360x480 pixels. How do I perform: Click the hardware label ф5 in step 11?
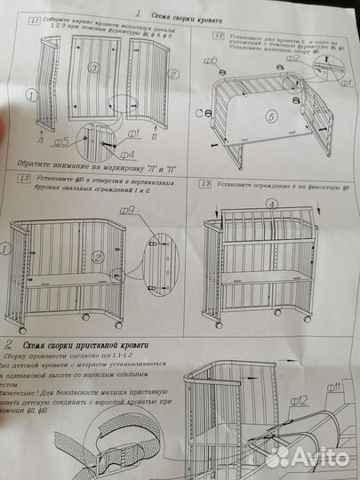pyautogui.click(x=60, y=140)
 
